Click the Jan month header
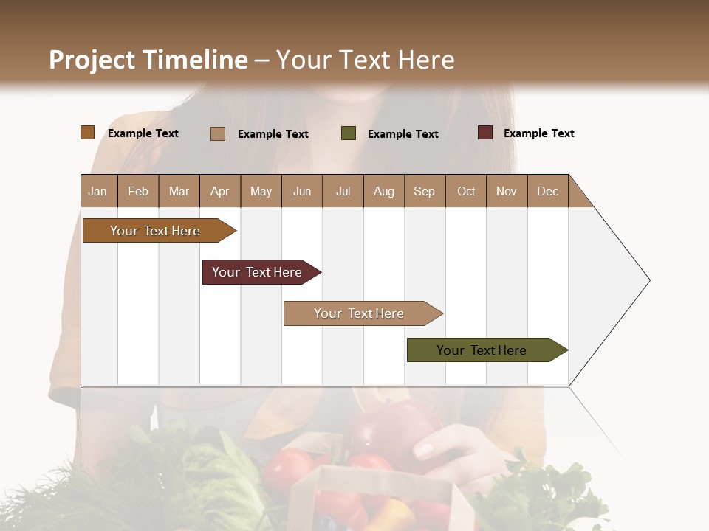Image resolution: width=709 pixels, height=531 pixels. tap(98, 191)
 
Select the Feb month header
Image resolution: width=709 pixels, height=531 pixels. tap(138, 191)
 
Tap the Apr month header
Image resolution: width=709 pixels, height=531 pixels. tap(220, 191)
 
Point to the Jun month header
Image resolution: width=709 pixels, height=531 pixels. tap(302, 191)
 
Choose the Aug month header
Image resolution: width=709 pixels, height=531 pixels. tap(384, 191)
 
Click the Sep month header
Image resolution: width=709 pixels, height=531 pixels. tap(425, 191)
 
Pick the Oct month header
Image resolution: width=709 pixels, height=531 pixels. tap(466, 191)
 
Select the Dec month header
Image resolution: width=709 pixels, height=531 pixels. tap(548, 191)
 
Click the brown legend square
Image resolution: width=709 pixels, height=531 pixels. tap(88, 133)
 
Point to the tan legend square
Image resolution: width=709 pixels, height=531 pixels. tap(218, 133)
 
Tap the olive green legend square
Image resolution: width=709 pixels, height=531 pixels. tap(349, 133)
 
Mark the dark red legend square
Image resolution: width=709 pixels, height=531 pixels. tap(485, 133)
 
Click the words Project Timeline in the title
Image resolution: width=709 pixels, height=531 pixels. tap(148, 60)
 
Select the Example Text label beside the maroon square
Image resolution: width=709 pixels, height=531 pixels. tap(539, 133)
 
